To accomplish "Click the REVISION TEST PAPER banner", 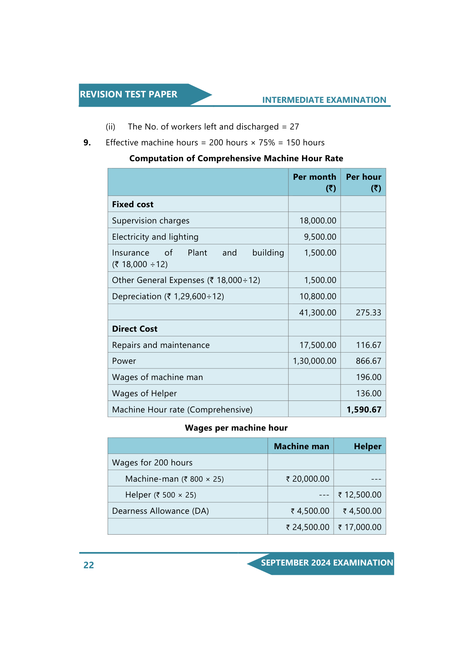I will click(129, 94).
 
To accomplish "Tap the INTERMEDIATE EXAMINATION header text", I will click(324, 100).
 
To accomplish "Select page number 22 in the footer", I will click(88, 565).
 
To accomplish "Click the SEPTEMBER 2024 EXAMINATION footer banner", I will click(327, 563).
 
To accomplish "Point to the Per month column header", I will click(314, 182).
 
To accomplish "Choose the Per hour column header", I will click(363, 182).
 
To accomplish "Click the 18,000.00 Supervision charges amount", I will click(318, 221).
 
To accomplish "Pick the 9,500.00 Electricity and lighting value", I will click(320, 237).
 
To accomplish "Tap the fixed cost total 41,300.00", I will click(317, 313).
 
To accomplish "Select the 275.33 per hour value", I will click(368, 313).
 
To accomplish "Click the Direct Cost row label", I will click(135, 329).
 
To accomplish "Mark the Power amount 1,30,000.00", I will click(314, 361).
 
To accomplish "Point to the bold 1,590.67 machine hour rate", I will click(364, 410).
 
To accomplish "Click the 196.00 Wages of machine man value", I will click(368, 377).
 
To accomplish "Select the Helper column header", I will click(367, 446).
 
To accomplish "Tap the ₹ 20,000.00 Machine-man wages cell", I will click(308, 479).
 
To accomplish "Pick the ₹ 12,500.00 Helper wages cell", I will click(360, 495).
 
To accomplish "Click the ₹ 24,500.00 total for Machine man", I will click(308, 527).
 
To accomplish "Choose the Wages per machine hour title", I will click(236, 428).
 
